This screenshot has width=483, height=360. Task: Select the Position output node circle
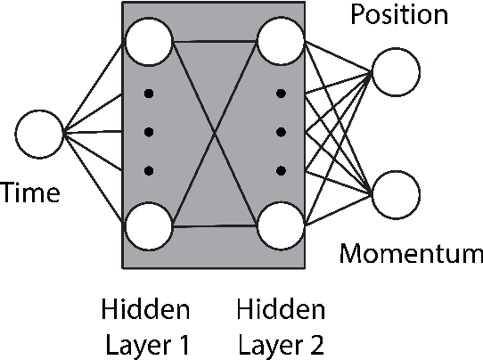[x=396, y=71]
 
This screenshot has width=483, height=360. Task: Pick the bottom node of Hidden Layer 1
[x=149, y=228]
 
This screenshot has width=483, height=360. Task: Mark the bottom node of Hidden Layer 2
[x=280, y=228]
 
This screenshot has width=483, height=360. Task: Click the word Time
[x=30, y=192]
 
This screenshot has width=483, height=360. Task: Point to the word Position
[x=398, y=15]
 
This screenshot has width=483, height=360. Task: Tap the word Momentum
[x=411, y=255]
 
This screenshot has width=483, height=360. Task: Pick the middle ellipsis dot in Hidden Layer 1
[x=149, y=133]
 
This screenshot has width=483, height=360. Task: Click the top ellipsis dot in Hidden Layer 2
[x=281, y=94]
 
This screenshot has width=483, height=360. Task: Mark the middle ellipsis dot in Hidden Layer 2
[x=281, y=133]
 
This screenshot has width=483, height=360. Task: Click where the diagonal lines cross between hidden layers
[x=215, y=135]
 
